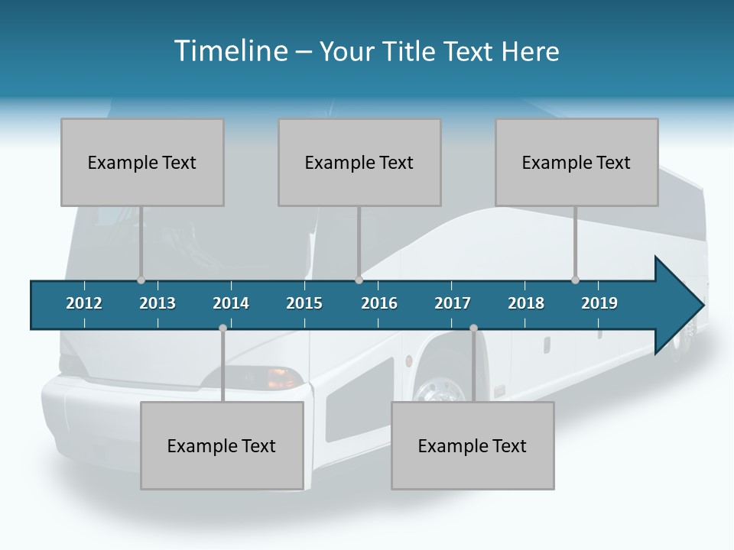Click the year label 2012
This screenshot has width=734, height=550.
[x=84, y=303]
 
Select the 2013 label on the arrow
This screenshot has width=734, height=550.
[x=158, y=303]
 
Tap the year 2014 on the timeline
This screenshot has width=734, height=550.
[x=231, y=303]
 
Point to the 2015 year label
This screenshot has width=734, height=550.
[x=304, y=303]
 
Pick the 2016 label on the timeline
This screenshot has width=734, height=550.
[x=379, y=303]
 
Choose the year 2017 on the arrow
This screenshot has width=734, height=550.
[x=453, y=303]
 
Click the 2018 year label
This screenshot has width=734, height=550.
[x=526, y=303]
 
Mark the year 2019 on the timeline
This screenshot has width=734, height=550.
[x=599, y=303]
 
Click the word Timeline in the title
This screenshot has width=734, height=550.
[x=229, y=51]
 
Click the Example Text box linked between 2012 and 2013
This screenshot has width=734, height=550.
[x=142, y=162]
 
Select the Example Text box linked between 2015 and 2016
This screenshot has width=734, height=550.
[x=359, y=162]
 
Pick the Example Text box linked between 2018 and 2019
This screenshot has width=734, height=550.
[x=576, y=162]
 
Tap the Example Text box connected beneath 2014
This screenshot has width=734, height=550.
[x=222, y=445]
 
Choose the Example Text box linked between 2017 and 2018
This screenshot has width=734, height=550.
[x=473, y=445]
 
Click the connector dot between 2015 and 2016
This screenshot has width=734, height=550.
[x=359, y=280]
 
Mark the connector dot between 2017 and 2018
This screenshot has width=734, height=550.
[x=473, y=328]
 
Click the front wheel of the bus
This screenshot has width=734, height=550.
[x=440, y=390]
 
